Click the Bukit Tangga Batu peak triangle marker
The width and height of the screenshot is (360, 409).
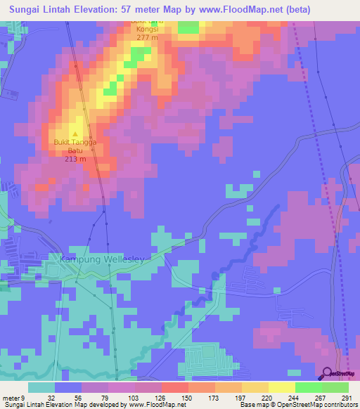75,134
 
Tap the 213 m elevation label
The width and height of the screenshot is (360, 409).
75,159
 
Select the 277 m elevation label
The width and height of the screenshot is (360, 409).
147,38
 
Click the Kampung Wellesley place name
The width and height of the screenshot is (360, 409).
102,259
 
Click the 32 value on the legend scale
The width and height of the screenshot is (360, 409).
52,397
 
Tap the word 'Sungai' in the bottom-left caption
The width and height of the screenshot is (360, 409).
12,405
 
